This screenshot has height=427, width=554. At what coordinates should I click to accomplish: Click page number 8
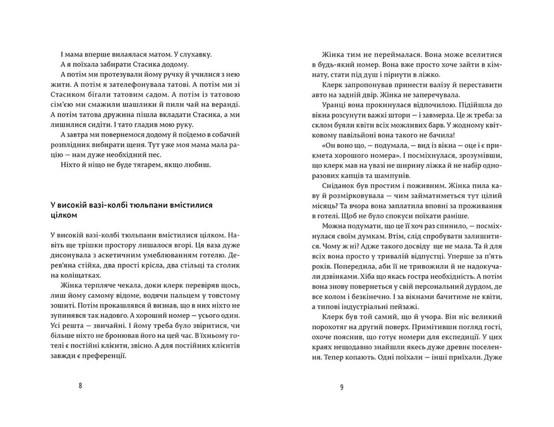point(80,386)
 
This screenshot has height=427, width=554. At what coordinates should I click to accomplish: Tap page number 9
point(342,387)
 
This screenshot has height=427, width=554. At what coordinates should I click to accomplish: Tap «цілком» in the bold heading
point(64,215)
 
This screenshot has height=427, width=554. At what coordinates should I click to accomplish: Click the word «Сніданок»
point(337,186)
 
